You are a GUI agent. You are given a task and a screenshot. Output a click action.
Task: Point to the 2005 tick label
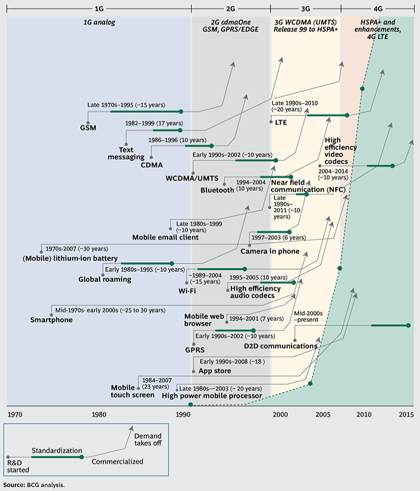pos(323,415)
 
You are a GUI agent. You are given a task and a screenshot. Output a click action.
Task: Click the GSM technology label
pos(88,128)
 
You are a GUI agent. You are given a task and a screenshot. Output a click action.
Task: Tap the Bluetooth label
pos(218,190)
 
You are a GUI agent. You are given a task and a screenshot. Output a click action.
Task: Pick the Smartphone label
pos(51,320)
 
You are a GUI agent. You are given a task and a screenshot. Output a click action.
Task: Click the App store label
pos(215,371)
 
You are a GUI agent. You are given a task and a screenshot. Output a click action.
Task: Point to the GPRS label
pos(194,350)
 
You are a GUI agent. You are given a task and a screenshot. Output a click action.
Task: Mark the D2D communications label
pos(280,346)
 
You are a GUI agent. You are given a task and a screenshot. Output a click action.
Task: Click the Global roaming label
pos(105,279)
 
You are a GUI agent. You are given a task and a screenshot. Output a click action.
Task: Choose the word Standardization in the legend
pos(57,450)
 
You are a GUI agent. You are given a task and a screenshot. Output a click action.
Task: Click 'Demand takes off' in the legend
pos(148,439)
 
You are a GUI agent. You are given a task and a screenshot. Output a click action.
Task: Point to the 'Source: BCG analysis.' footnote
pos(33,485)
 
